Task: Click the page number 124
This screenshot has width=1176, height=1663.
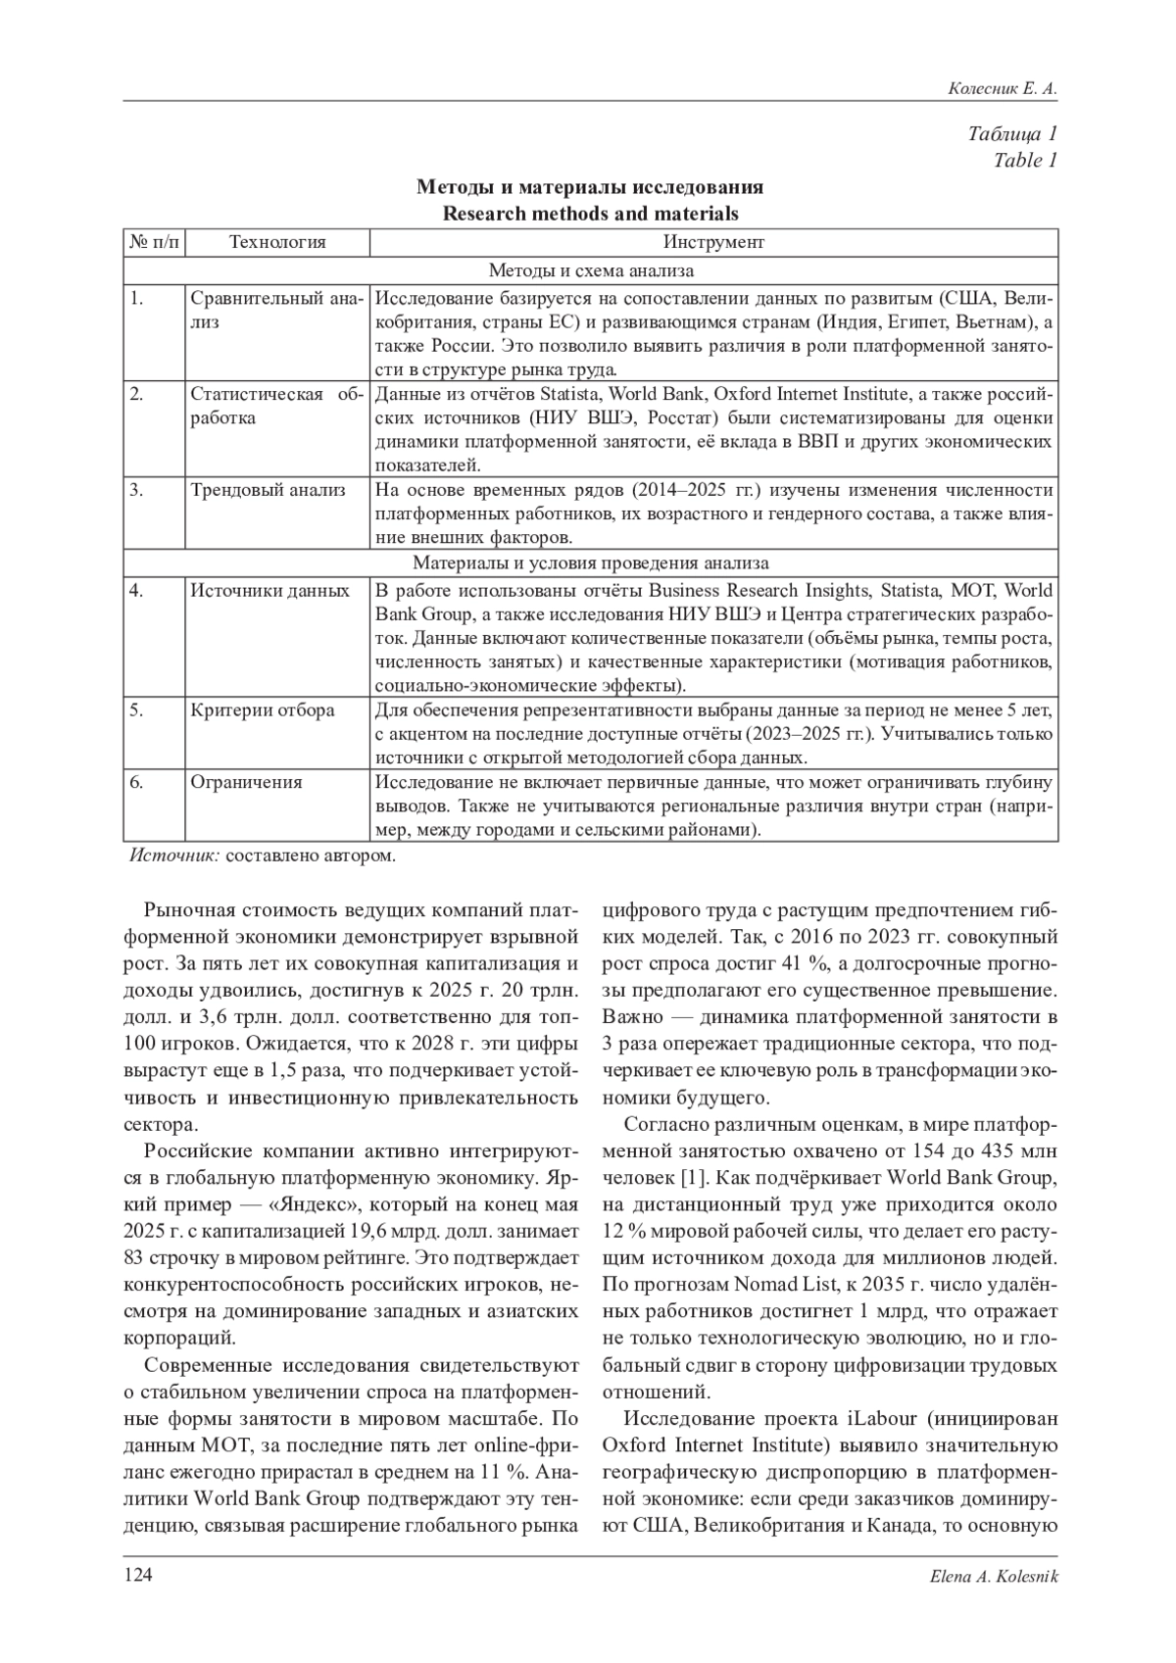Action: [138, 1575]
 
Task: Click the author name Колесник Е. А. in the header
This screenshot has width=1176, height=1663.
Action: [1003, 89]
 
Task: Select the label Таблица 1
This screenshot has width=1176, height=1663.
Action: [1012, 134]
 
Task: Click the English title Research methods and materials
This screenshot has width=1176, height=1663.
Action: [590, 213]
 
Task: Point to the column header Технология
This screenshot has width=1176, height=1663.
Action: [277, 242]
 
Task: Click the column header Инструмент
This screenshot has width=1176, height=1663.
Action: [713, 242]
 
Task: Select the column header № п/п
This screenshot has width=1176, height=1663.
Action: [155, 242]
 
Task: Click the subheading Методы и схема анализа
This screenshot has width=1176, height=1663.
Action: [591, 270]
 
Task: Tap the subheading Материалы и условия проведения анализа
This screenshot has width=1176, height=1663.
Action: [591, 563]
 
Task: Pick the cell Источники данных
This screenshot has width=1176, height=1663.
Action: [269, 591]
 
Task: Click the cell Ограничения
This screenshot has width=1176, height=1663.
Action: [246, 782]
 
